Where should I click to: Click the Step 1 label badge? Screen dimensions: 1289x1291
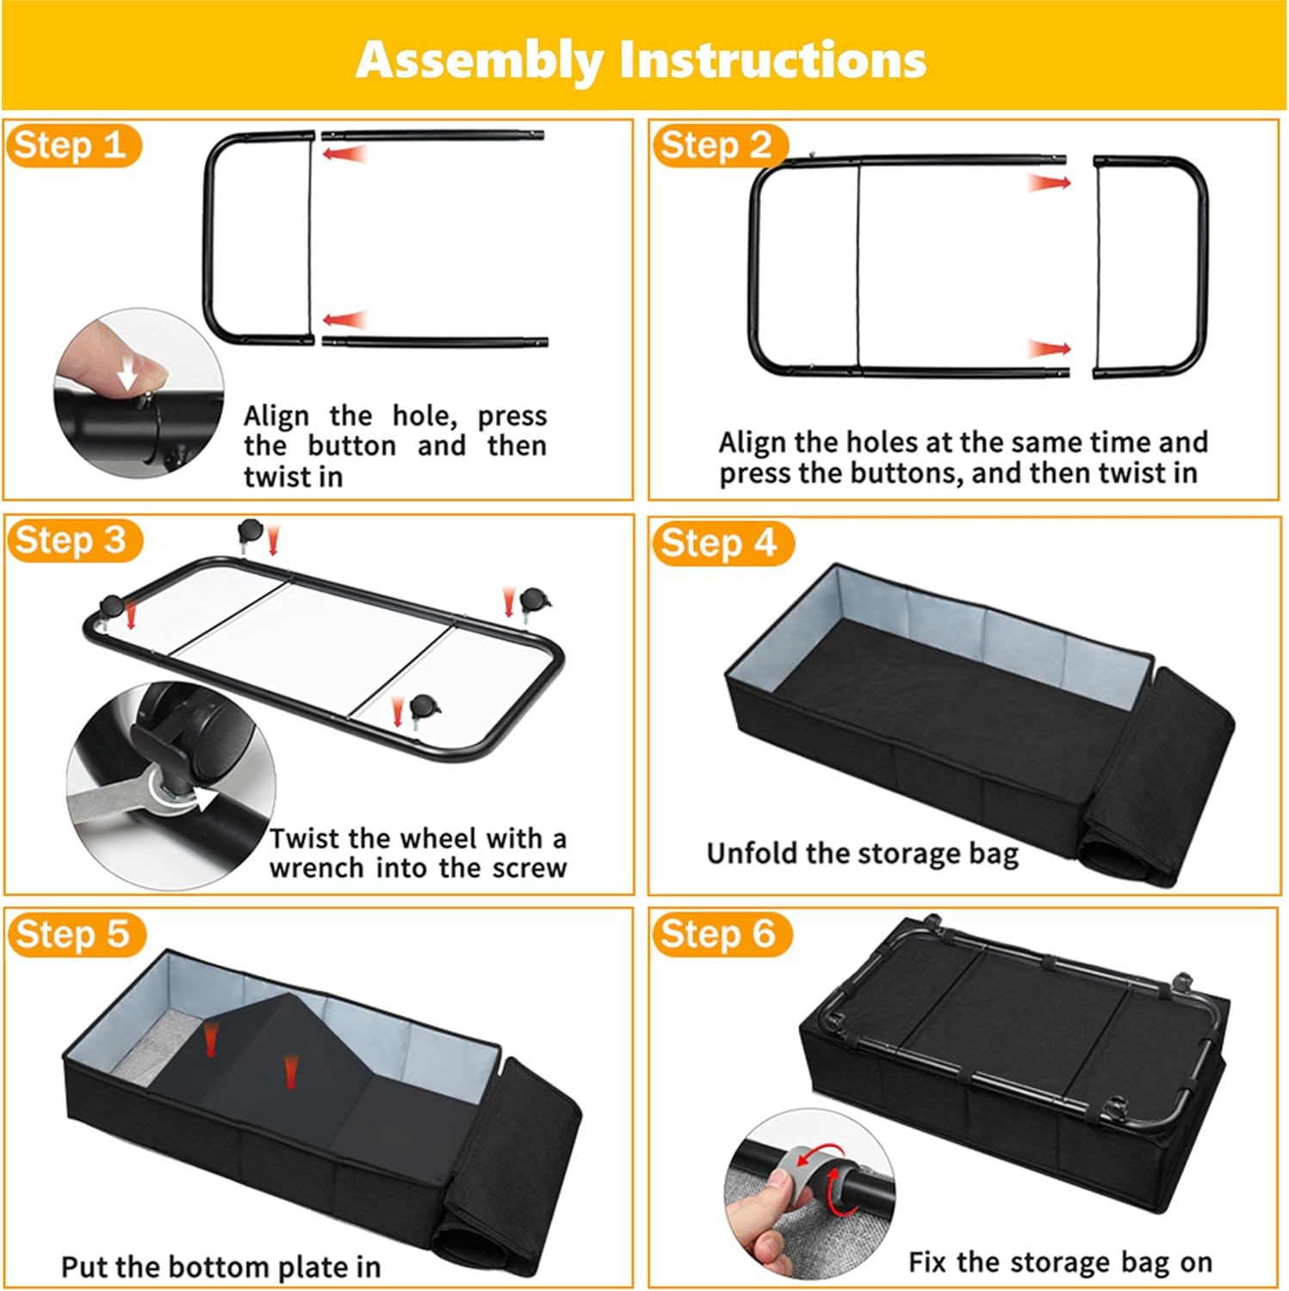click(73, 145)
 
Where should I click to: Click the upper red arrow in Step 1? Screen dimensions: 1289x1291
click(345, 154)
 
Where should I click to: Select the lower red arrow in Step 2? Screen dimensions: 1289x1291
click(1050, 349)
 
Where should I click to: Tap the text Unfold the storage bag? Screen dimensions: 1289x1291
click(863, 853)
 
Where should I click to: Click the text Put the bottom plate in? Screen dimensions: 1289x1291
click(220, 1267)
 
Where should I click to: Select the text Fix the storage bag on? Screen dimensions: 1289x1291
click(1060, 1262)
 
